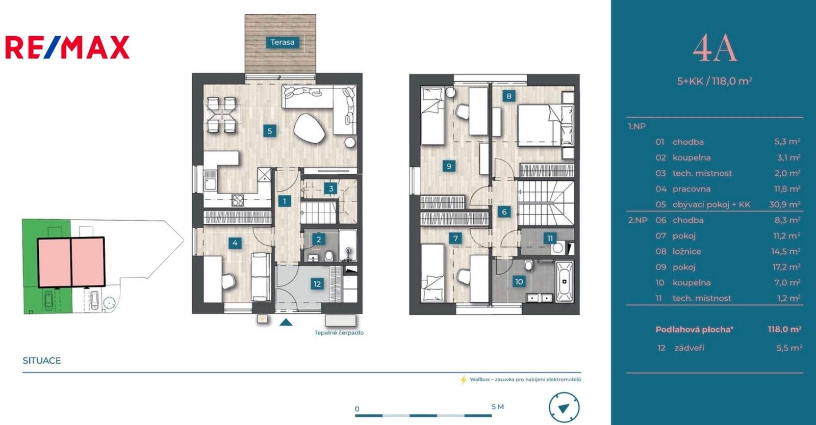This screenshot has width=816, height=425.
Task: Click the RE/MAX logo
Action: tap(67, 47)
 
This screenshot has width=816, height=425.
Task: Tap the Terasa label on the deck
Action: tap(282, 42)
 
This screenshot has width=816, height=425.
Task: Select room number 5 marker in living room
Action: tap(270, 131)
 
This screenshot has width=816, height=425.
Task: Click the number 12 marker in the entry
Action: tap(317, 284)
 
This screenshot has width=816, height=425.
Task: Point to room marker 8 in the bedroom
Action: tap(508, 96)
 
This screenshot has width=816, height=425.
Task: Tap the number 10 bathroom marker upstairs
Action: tap(519, 281)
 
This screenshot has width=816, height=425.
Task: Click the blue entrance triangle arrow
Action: tap(286, 322)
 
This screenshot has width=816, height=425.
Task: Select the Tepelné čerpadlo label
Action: tap(339, 333)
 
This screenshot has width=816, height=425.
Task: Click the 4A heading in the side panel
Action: tap(715, 49)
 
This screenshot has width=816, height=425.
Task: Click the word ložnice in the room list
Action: tap(686, 251)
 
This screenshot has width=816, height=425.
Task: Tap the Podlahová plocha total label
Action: tap(694, 329)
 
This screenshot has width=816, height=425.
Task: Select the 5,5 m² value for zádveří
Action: tap(789, 348)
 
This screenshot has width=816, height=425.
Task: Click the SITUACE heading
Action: tap(42, 360)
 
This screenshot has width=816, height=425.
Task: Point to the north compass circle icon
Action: tap(564, 408)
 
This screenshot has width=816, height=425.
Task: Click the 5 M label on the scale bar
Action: tap(497, 407)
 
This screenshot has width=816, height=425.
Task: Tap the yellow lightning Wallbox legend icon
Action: tap(463, 380)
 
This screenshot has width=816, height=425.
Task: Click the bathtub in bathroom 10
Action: tap(564, 281)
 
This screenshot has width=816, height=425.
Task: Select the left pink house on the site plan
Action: tap(54, 262)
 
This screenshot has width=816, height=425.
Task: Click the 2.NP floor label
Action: tap(637, 220)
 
